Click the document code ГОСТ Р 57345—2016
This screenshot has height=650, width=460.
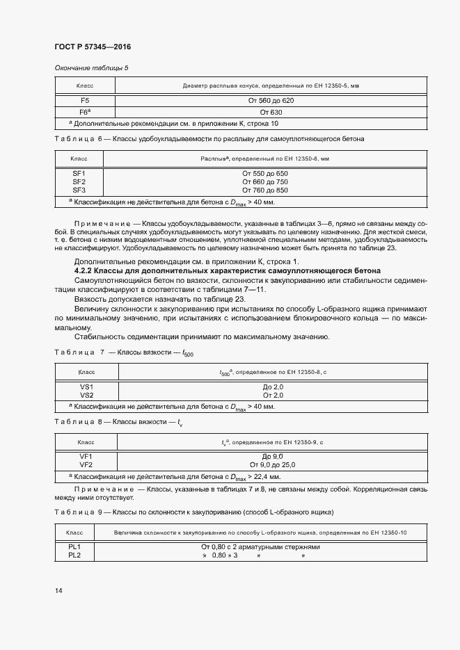[x=93, y=47]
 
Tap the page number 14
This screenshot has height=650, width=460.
[x=58, y=590]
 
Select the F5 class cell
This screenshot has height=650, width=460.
[x=85, y=101]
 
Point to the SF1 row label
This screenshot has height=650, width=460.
[x=79, y=173]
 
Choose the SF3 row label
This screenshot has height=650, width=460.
[x=79, y=190]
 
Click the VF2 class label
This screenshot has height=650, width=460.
[x=86, y=464]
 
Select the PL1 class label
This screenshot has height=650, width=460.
[x=74, y=547]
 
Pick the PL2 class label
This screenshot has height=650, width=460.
[x=74, y=555]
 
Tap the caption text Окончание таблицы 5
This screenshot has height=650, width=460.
[x=91, y=67]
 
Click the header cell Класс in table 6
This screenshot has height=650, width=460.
[x=79, y=159]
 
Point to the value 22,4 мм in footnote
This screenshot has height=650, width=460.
[x=267, y=477]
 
